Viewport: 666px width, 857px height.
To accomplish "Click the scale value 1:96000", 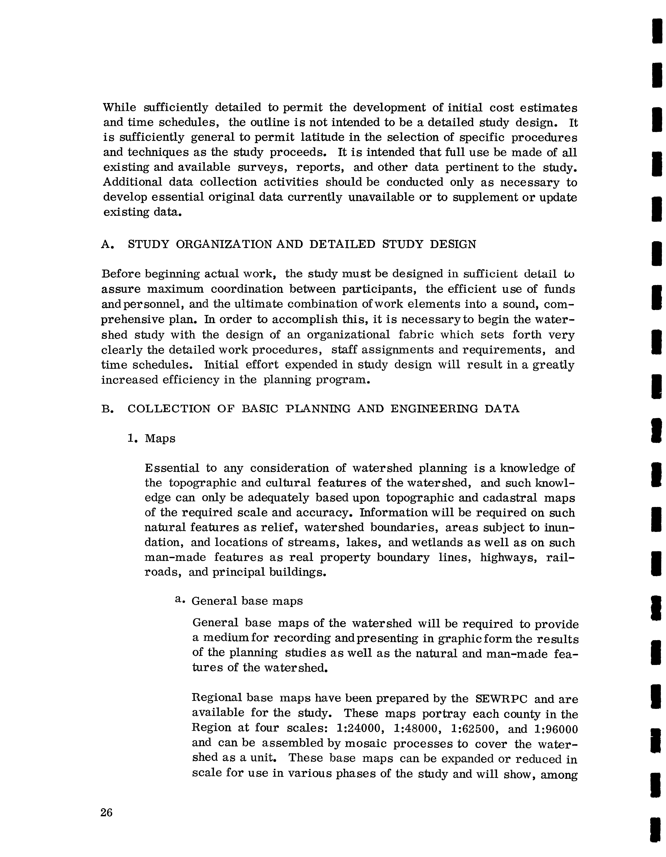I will tap(556, 729).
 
